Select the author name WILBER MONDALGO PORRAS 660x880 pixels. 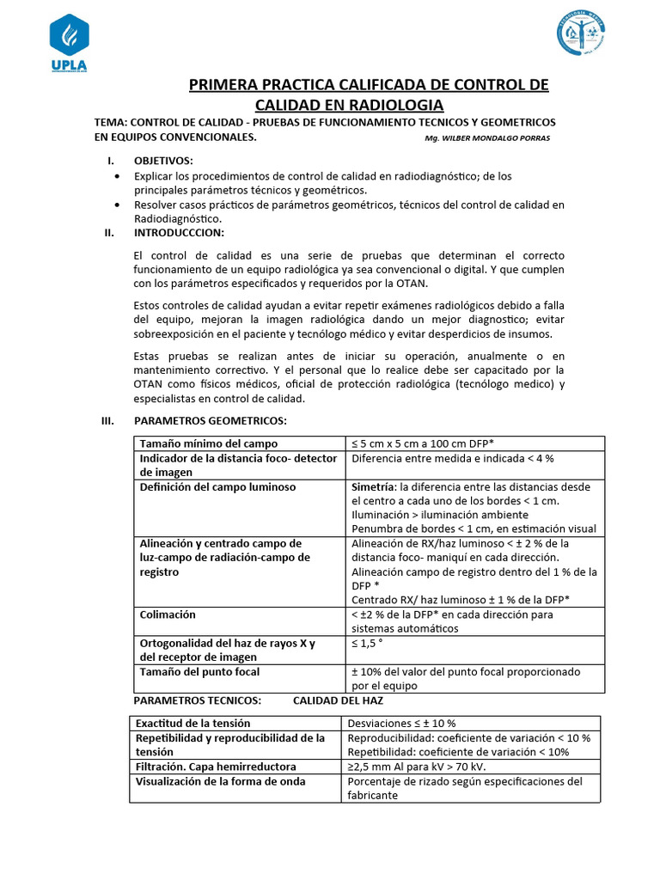pyautogui.click(x=487, y=138)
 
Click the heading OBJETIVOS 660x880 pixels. pyautogui.click(x=163, y=161)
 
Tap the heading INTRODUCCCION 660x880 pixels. pyautogui.click(x=180, y=233)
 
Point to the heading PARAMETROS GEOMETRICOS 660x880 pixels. pyautogui.click(x=211, y=420)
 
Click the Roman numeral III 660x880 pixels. pyautogui.click(x=108, y=420)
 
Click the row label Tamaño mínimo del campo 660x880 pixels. pyautogui.click(x=209, y=443)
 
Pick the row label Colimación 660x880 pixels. pyautogui.click(x=168, y=614)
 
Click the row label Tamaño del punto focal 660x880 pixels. pyautogui.click(x=199, y=671)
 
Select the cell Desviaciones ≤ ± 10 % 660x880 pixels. pyautogui.click(x=401, y=723)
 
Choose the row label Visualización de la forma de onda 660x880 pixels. pyautogui.click(x=221, y=781)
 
